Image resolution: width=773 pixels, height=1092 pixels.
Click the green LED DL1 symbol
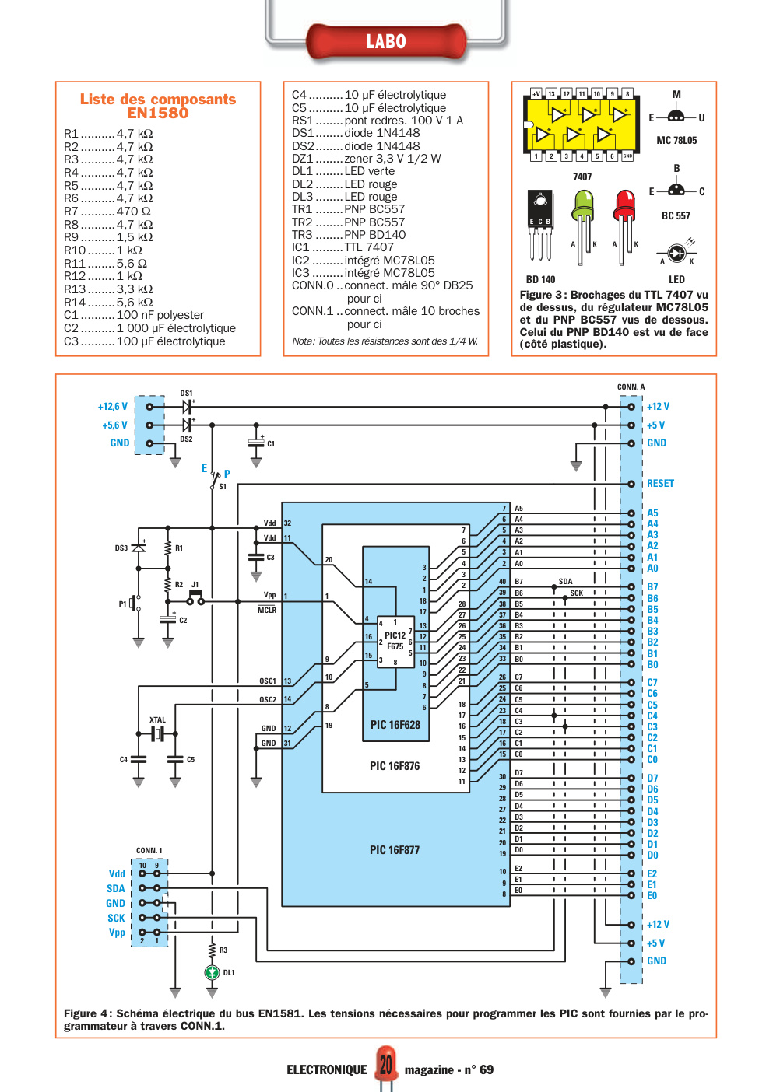[x=212, y=972]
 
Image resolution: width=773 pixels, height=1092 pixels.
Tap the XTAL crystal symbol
[x=157, y=733]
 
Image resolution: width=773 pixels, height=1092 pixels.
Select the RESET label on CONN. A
[x=660, y=483]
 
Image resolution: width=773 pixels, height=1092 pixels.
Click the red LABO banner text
[x=386, y=41]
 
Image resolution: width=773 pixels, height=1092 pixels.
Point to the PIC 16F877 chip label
[x=395, y=849]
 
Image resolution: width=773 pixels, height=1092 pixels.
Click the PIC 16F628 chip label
[x=395, y=724]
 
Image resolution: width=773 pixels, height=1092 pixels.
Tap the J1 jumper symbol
[x=195, y=597]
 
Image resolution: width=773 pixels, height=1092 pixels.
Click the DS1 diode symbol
[x=186, y=407]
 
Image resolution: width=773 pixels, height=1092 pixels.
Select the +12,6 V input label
[x=112, y=407]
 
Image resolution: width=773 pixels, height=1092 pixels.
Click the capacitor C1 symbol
[x=256, y=443]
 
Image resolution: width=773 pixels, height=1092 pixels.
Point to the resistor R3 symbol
[x=212, y=950]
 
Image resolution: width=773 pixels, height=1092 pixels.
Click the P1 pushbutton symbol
[x=135, y=604]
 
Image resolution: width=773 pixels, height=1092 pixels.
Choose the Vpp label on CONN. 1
[x=117, y=932]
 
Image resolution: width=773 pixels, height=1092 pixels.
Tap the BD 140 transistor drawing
[x=540, y=226]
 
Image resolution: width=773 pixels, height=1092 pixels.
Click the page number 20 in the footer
[x=386, y=1065]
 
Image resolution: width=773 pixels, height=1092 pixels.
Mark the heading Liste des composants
[x=157, y=99]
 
